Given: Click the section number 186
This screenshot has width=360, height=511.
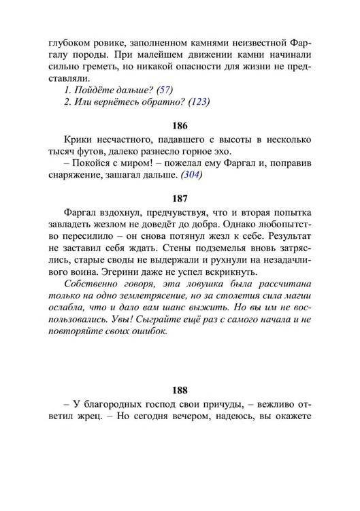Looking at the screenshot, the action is [x=180, y=127].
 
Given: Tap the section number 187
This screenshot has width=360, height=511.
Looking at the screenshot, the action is [x=180, y=199].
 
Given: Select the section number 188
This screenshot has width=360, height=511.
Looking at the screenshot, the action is [x=180, y=391].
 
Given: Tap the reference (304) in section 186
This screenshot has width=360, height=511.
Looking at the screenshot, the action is [x=189, y=176].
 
